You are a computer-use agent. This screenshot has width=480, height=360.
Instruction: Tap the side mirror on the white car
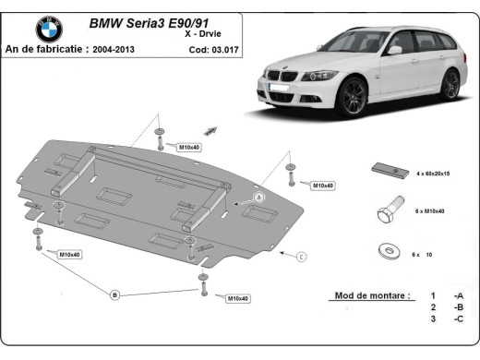(395, 49)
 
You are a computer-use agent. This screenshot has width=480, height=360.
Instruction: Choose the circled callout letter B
(114, 294)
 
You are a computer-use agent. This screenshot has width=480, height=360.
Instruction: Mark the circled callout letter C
(301, 255)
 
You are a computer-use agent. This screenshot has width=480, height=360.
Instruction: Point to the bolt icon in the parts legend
(387, 210)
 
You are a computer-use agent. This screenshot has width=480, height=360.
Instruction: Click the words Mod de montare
(369, 296)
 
